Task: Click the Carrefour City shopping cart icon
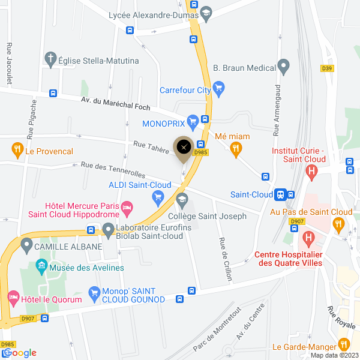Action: (x=219, y=91)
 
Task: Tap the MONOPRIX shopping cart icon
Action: (x=192, y=124)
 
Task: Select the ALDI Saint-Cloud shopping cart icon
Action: (x=158, y=196)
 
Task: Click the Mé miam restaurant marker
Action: (x=236, y=148)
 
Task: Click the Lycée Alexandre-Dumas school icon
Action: (x=206, y=15)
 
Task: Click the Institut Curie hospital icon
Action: (x=311, y=172)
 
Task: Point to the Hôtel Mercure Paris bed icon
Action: (x=127, y=209)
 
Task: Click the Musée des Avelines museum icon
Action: (x=42, y=265)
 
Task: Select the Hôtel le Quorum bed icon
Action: (x=13, y=297)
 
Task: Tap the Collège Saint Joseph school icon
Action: (x=182, y=200)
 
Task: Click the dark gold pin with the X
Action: (x=184, y=147)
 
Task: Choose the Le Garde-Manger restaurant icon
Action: (x=344, y=344)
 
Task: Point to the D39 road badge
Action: (x=326, y=68)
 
